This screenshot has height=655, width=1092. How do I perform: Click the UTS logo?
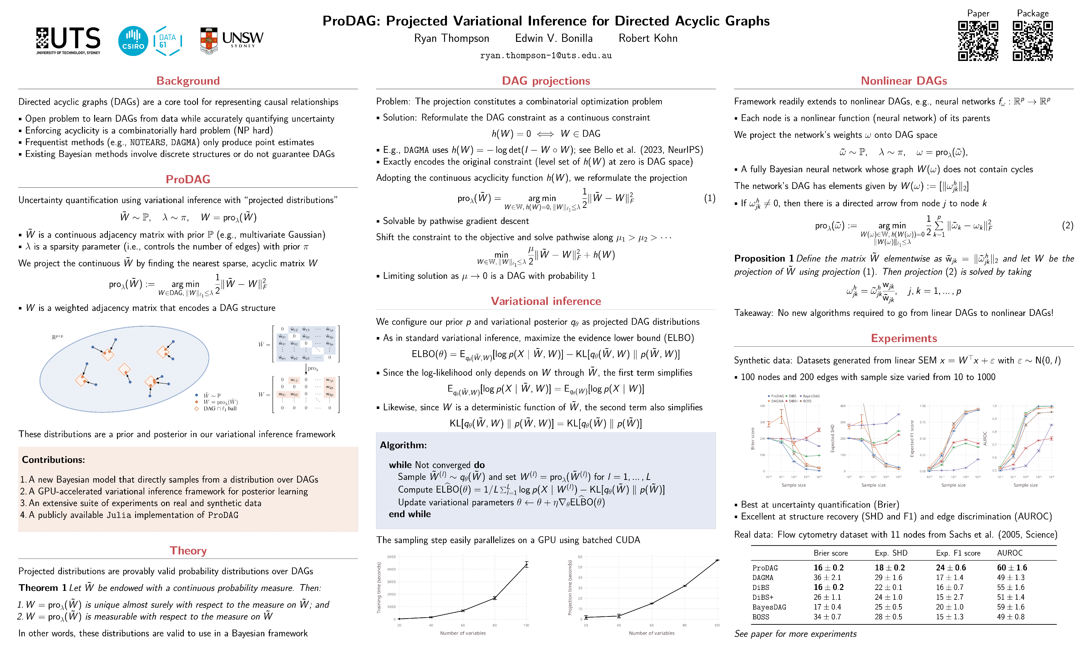click(x=68, y=41)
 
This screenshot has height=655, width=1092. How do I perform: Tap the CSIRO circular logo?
click(x=133, y=41)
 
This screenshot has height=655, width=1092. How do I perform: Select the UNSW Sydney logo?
click(x=232, y=41)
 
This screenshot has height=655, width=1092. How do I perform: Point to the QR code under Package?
click(x=1032, y=41)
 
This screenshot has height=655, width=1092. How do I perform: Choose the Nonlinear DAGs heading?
click(x=904, y=81)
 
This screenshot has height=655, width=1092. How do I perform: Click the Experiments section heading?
click(x=904, y=338)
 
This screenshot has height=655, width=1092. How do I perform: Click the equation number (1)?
click(x=709, y=198)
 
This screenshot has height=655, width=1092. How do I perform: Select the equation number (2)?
click(x=1067, y=226)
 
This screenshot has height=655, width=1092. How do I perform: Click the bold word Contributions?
click(x=53, y=459)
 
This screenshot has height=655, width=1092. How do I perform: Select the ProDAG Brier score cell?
click(x=829, y=568)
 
